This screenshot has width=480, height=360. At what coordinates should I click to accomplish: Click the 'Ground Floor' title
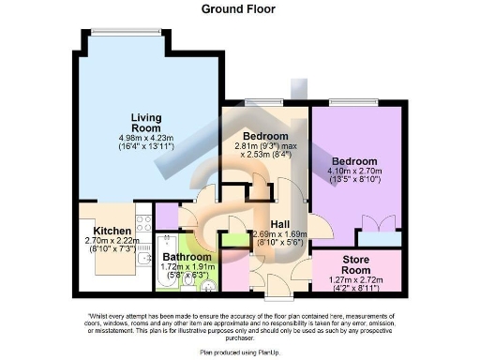(239, 8)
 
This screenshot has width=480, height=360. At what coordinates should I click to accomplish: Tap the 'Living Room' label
(145, 122)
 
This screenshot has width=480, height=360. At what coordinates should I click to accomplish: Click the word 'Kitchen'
(112, 231)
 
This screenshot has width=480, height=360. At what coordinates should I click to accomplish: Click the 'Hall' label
(280, 224)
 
